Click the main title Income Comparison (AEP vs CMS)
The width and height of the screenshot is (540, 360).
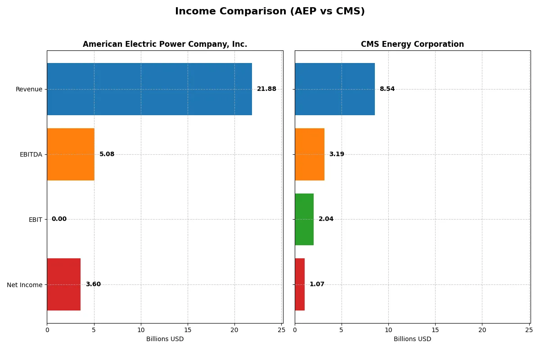270,11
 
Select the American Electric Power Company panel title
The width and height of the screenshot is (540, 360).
165,44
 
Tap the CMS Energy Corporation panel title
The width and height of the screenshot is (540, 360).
412,44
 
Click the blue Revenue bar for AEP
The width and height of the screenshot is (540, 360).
149,89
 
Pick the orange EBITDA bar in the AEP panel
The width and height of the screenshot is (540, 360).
71,154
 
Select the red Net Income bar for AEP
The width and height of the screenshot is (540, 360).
64,284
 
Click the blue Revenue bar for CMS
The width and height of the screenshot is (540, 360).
335,89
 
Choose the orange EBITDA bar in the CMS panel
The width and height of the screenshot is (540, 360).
310,154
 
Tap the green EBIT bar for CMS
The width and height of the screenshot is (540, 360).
304,220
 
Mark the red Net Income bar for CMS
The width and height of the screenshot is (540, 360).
300,284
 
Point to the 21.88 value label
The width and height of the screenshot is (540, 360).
266,89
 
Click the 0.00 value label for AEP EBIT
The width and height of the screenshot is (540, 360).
59,219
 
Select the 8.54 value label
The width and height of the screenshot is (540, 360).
387,89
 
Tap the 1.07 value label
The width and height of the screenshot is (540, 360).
317,284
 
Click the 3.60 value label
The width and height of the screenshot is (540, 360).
93,284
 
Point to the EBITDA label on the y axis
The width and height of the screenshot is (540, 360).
31,154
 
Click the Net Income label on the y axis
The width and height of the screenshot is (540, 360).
25,285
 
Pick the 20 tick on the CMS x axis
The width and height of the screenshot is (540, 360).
482,330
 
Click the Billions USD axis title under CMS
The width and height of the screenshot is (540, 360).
412,339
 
